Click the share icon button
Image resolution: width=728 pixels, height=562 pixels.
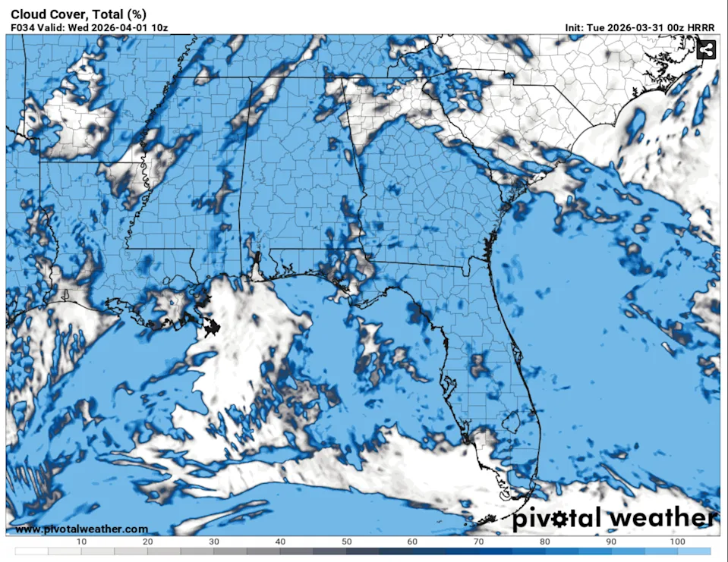pyautogui.click(x=706, y=50)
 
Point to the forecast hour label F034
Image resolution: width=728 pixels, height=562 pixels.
pyautogui.click(x=23, y=28)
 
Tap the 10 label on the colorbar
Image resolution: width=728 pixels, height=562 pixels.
pyautogui.click(x=81, y=542)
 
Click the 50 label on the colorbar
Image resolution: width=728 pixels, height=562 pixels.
pyautogui.click(x=346, y=542)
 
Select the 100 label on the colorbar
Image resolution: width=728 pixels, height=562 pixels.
pyautogui.click(x=678, y=542)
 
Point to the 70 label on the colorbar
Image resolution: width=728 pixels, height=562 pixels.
pyautogui.click(x=479, y=542)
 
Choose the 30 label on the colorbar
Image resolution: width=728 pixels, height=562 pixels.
pyautogui.click(x=214, y=542)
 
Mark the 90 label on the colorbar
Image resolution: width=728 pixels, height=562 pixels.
pyautogui.click(x=612, y=542)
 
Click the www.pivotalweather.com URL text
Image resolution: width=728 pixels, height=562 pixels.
pyautogui.click(x=81, y=529)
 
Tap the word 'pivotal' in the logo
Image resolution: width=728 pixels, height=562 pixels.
pyautogui.click(x=558, y=519)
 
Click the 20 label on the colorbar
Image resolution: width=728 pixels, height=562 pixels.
pyautogui.click(x=147, y=542)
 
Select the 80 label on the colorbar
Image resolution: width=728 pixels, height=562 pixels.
pyautogui.click(x=545, y=542)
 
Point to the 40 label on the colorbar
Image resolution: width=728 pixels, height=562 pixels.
pyautogui.click(x=280, y=542)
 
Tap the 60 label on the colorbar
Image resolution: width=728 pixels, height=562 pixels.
pyautogui.click(x=412, y=542)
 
